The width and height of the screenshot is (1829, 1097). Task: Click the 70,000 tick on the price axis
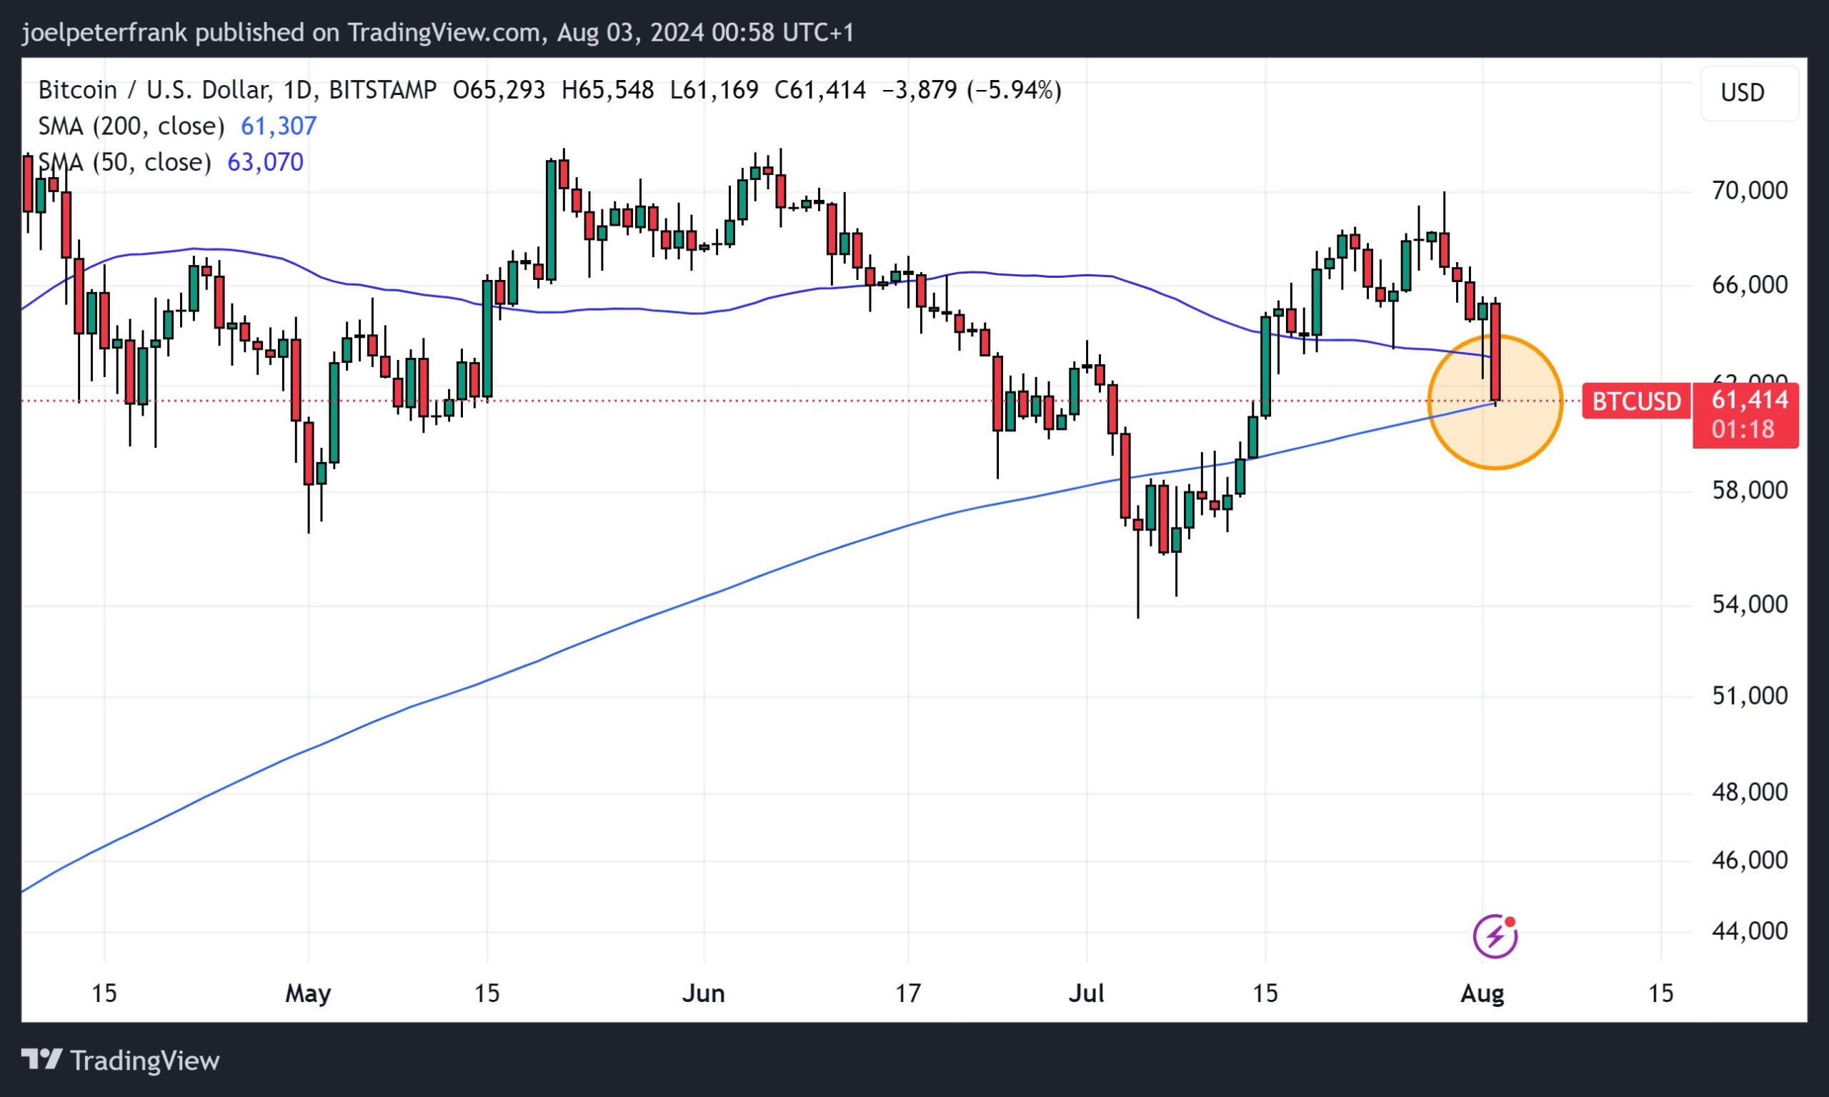coord(1749,191)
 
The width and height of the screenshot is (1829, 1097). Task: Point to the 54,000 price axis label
coord(1749,605)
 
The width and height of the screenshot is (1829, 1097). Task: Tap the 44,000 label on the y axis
coord(1749,931)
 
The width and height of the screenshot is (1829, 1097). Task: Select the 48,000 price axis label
coord(1749,793)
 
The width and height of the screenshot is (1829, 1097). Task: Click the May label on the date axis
coord(307,993)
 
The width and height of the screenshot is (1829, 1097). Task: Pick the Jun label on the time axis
coord(703,993)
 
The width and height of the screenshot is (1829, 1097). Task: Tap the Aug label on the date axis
coord(1482,993)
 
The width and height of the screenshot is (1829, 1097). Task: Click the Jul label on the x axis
coord(1086,993)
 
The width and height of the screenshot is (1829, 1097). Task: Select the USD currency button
coord(1742,93)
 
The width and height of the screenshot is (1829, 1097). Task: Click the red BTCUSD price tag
coord(1636,401)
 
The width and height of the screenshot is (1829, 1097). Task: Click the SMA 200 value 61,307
coord(279,126)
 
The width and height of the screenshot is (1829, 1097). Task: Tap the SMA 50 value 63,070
coord(264,162)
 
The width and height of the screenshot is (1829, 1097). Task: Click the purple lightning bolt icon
coord(1495,936)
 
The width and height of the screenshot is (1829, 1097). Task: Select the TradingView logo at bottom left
coord(120,1061)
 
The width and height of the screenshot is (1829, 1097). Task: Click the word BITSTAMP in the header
coord(382,90)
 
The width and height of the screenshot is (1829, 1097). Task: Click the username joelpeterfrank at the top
coord(104,33)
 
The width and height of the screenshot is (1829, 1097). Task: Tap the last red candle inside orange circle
coord(1495,352)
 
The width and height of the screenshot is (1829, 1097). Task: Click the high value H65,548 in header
coord(608,90)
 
